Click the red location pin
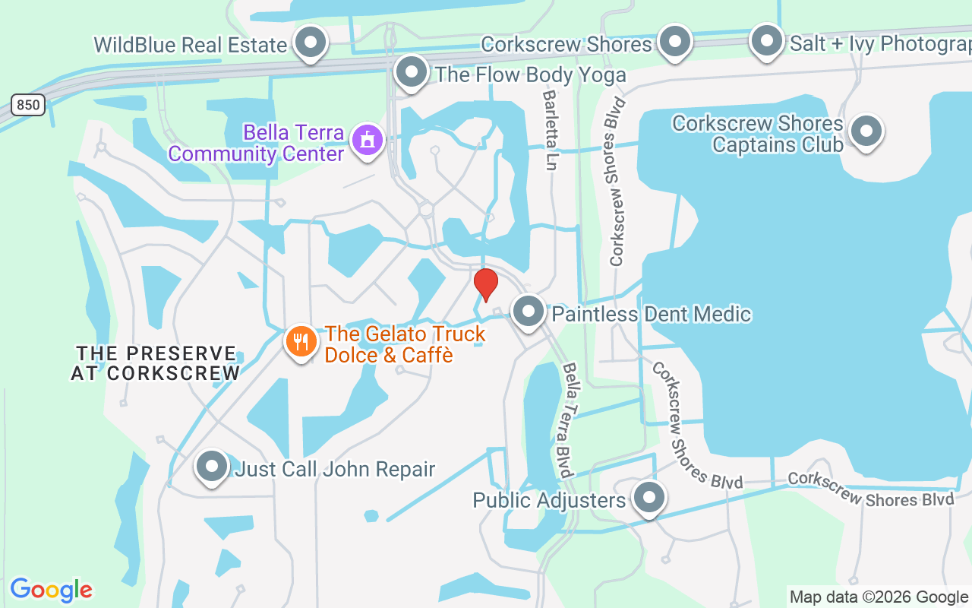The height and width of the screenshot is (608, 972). point(486,284)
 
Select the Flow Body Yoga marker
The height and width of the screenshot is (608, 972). point(412,73)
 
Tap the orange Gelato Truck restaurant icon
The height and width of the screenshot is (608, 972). point(301,341)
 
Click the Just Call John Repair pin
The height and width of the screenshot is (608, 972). point(212,467)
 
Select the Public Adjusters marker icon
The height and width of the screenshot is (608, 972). point(649,499)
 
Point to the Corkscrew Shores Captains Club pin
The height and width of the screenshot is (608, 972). point(866,132)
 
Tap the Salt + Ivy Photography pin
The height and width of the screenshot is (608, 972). point(767,41)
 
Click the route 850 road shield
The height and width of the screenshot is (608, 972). point(28,105)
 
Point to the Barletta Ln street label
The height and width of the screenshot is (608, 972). point(551,129)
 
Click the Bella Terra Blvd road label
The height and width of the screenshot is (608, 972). point(568,420)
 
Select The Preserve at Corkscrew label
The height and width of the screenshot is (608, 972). point(156,363)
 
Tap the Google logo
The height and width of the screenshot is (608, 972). point(51,590)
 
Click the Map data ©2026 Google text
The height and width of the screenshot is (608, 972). point(879,597)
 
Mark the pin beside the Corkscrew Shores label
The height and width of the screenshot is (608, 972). point(674,43)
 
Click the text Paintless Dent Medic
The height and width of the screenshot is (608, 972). point(652,314)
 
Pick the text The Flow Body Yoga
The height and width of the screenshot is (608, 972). point(530,74)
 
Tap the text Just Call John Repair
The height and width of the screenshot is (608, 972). point(335,469)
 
